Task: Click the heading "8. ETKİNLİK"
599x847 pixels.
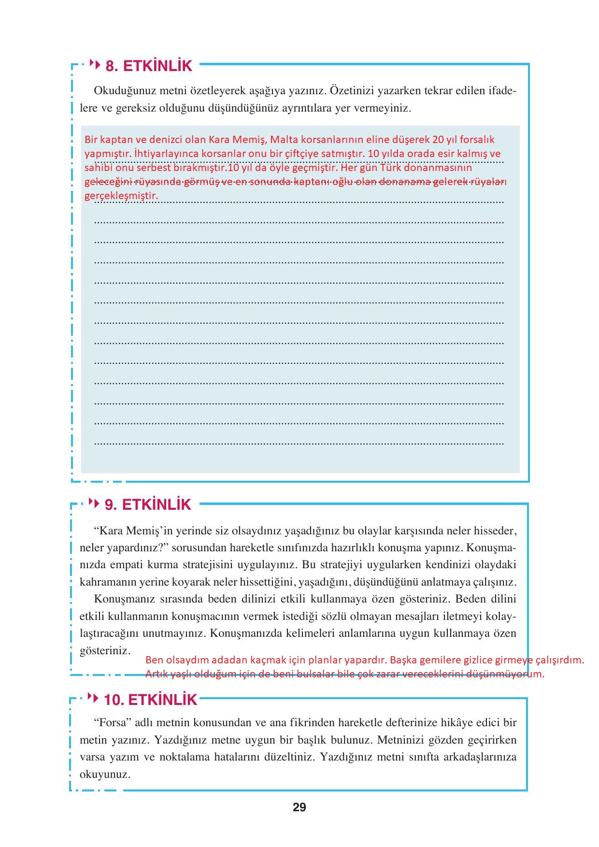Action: coord(149,66)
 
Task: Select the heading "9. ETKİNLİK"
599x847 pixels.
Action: coord(148,505)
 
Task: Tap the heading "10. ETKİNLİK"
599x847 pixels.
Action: coord(151,700)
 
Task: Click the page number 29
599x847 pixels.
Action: coord(299,807)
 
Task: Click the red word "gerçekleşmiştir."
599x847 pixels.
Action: coord(121,196)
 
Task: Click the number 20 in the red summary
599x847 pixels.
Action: coord(438,140)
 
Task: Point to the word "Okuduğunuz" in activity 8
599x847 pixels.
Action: coord(119,91)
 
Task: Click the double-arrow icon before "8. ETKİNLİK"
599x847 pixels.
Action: coord(95,65)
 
